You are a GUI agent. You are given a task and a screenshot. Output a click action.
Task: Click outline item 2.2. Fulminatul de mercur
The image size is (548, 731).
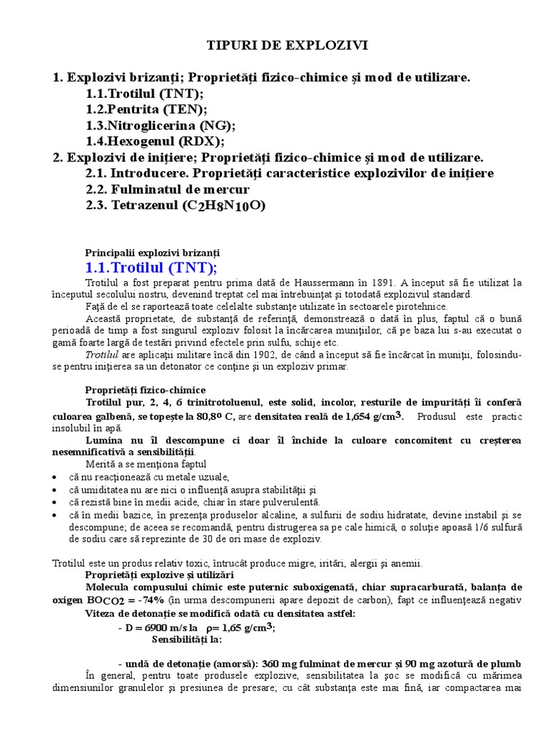168,190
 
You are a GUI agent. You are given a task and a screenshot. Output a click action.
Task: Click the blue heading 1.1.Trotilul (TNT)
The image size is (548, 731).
151,268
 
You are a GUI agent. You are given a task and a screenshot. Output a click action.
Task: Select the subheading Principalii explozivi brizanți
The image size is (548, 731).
153,253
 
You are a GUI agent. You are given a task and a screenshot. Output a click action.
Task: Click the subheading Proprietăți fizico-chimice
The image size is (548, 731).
146,390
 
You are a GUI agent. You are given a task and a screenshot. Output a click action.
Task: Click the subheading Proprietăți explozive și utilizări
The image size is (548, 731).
158,575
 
